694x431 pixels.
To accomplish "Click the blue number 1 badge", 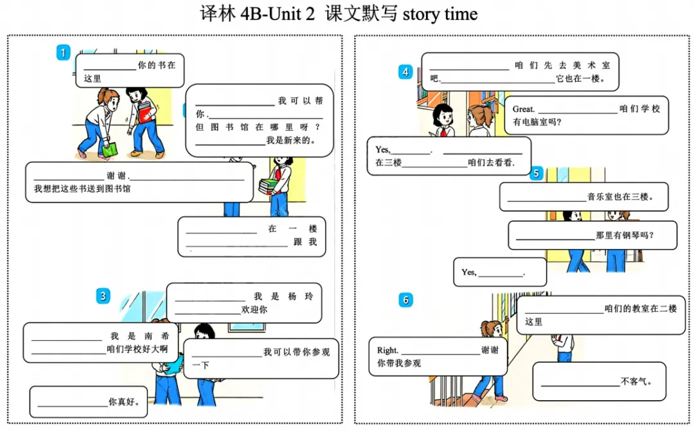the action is coord(63,53).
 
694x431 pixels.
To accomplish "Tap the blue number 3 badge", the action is coord(103,296).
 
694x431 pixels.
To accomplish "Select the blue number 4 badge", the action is coord(405,71).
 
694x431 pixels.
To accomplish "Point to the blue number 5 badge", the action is coord(537,173).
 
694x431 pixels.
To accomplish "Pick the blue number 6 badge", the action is coord(405,300).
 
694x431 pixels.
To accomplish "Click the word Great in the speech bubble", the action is coord(523,109).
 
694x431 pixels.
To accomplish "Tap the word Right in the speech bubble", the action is coord(387,351).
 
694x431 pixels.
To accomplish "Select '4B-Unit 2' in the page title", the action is coord(277,14).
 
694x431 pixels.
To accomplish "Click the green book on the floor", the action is coord(110,150).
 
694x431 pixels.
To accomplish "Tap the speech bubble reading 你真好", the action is coord(89,402).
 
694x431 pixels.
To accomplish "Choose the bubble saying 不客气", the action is coord(599,381).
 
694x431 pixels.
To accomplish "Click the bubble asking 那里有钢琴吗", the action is coord(592,235).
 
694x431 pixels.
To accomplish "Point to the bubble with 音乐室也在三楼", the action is coord(583,197).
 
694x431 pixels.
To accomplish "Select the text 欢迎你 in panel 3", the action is coord(254,309).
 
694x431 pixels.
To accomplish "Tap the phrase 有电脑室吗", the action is coord(537,122).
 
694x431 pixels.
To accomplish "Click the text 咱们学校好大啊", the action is coord(138,349).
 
